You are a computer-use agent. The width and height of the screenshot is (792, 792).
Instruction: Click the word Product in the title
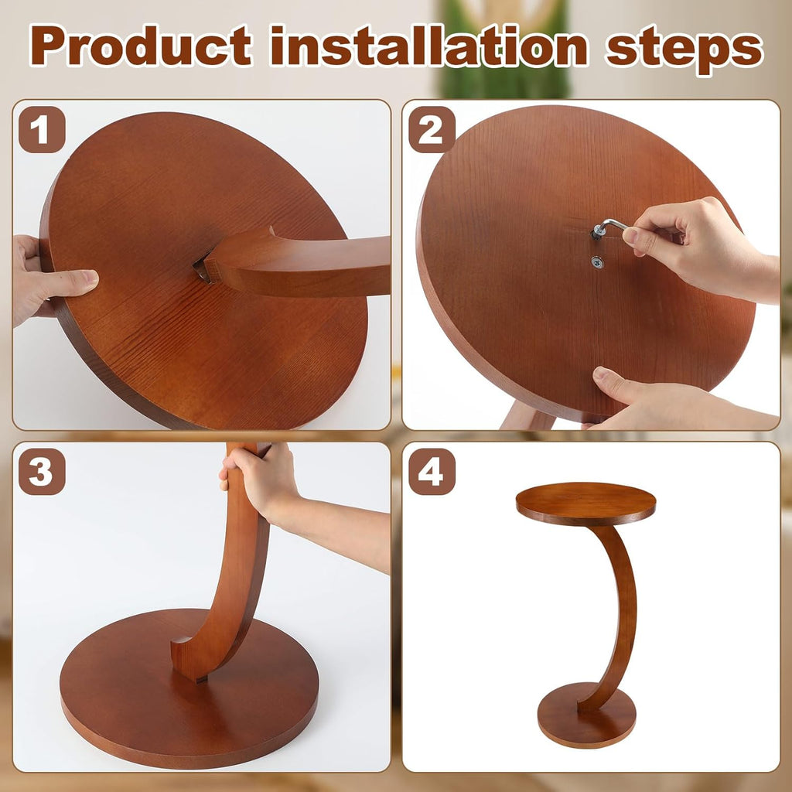(141, 46)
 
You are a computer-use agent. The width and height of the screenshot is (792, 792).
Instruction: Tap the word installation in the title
(429, 46)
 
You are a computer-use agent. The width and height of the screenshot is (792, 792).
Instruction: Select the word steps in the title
(684, 49)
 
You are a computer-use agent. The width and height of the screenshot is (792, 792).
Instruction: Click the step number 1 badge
(42, 129)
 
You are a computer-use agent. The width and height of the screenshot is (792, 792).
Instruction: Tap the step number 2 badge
(432, 129)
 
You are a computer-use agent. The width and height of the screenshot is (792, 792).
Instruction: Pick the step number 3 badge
(42, 471)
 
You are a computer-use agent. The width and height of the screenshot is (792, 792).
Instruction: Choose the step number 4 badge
(432, 471)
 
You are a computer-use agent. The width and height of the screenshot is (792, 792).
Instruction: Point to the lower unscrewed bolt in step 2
(598, 261)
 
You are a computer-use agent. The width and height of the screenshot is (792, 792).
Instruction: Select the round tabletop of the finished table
(586, 504)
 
